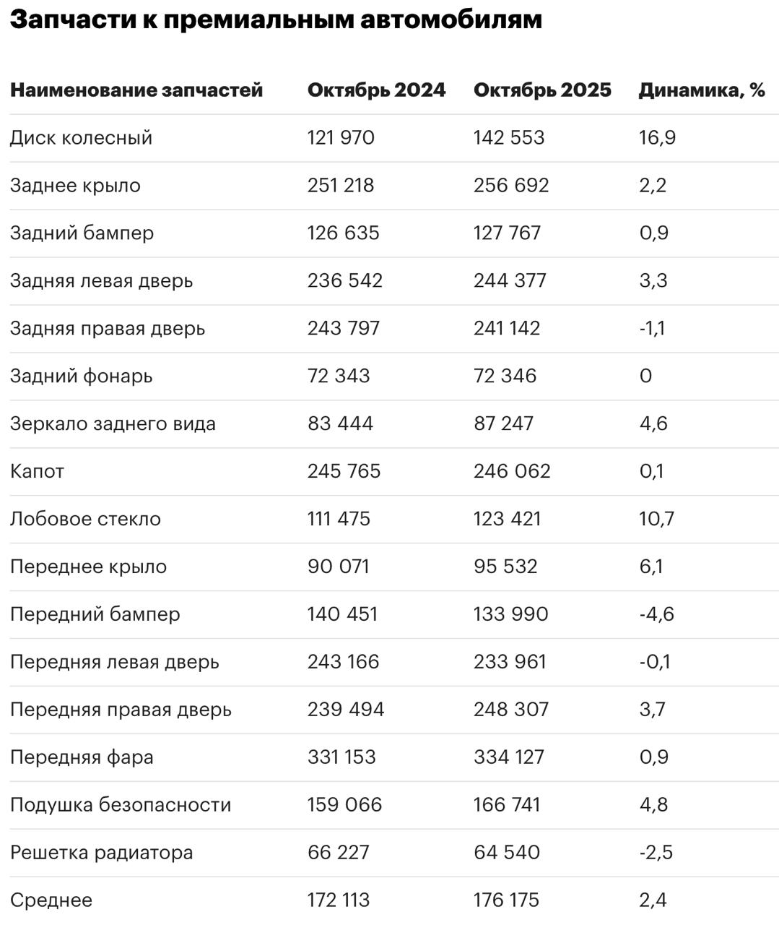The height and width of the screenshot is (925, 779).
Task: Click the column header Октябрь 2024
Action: point(376,90)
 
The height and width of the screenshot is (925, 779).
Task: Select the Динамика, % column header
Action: point(701,90)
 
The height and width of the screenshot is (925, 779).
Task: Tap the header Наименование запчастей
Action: point(136,90)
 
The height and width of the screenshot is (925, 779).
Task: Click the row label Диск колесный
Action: point(81,137)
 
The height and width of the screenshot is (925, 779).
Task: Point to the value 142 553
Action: point(508,137)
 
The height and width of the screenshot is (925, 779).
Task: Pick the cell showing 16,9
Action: point(657,137)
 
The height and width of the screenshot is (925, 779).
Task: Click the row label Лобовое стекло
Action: point(85,519)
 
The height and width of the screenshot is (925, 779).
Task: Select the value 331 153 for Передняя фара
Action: point(341,757)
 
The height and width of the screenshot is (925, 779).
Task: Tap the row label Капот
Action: point(37,471)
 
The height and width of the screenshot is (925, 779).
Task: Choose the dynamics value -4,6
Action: point(656,614)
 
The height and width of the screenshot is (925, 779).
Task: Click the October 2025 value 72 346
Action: point(505,376)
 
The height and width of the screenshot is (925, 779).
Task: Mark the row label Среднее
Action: point(51,900)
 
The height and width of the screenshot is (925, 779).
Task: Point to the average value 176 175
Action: point(506,900)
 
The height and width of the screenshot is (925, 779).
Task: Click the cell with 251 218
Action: point(341,185)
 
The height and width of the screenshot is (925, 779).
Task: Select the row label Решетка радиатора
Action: point(101,852)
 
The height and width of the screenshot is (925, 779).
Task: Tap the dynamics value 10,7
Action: point(656,519)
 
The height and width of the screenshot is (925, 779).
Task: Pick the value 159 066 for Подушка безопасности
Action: point(344,804)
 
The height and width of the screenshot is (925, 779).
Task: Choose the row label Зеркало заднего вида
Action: point(113,423)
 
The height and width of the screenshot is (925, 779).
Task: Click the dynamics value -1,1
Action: point(652,328)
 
